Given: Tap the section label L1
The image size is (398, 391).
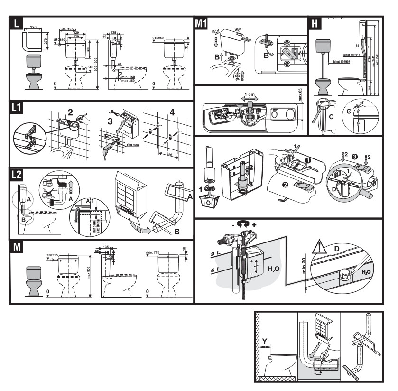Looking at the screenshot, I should (19, 109).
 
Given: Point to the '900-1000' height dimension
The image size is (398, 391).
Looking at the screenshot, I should (96, 66).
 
